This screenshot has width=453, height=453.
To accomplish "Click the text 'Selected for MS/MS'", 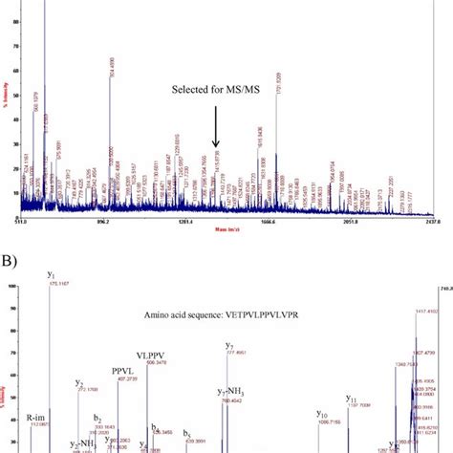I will pyautogui.click(x=215, y=90).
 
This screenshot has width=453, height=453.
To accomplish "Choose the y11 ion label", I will pyautogui.click(x=352, y=399).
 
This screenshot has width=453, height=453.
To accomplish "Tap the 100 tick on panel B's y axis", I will pyautogui.click(x=12, y=285).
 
